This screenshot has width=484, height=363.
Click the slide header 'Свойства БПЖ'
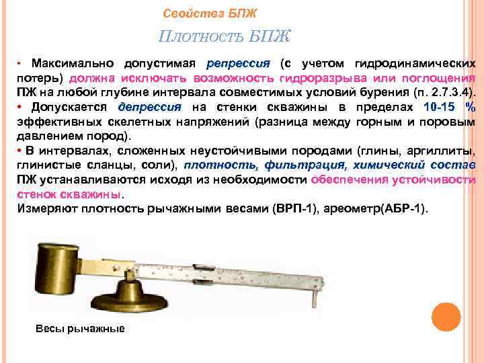pyautogui.click(x=210, y=13)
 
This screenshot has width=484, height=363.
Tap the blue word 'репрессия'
pyautogui.click(x=238, y=64)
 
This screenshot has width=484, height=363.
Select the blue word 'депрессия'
pyautogui.click(x=149, y=107)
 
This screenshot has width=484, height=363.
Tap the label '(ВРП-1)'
pyautogui.click(x=294, y=209)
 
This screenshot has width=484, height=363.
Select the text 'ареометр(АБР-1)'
pyautogui.click(x=375, y=209)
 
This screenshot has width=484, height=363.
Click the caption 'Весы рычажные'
pyautogui.click(x=80, y=328)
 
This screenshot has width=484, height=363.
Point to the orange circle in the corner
pyautogui.click(x=446, y=317)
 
